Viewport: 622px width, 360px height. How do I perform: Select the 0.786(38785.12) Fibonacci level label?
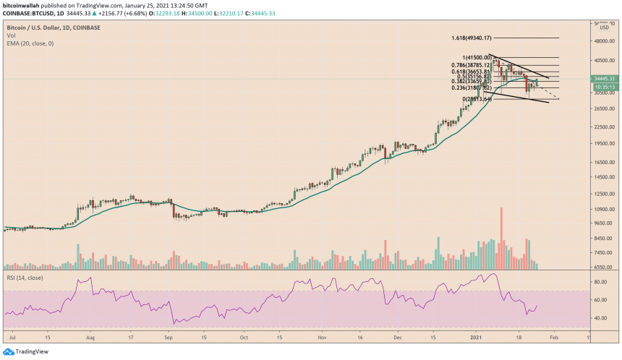[x=472, y=64]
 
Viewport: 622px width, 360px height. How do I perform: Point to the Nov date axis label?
[x=322, y=337]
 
